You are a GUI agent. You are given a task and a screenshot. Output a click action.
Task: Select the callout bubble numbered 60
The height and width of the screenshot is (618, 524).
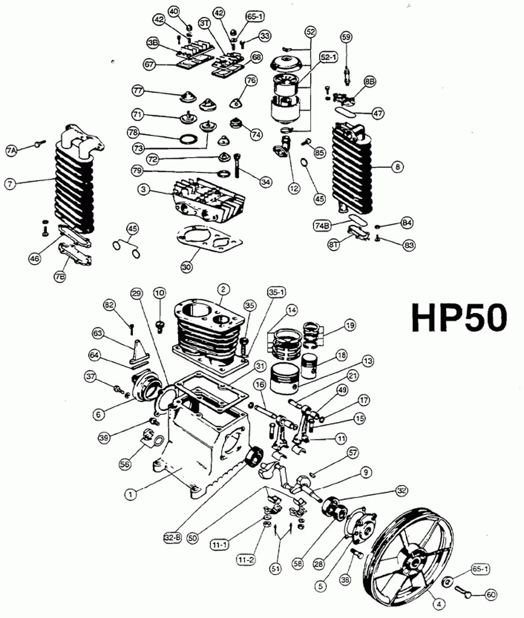491,594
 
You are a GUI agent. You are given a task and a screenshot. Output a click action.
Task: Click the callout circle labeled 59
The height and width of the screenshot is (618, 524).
346,37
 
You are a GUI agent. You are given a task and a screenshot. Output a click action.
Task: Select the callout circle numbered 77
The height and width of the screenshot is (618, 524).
138,91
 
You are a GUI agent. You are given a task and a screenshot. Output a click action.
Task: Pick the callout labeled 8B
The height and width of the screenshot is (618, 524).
370,82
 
